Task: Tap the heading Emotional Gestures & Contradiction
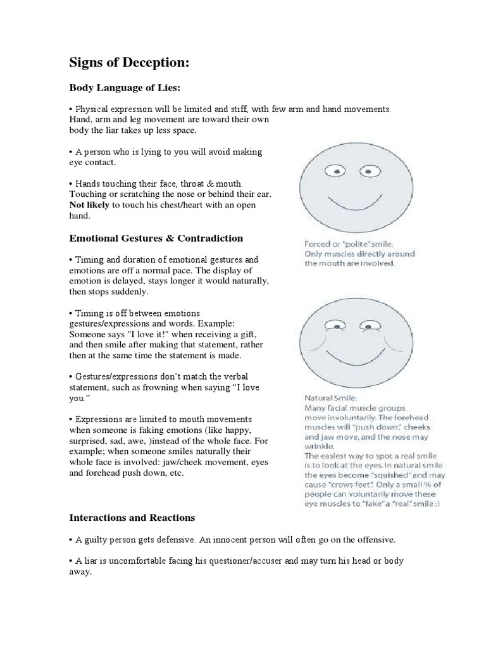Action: pyautogui.click(x=156, y=238)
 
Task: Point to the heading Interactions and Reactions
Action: pyautogui.click(x=132, y=517)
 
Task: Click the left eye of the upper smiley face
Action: pyautogui.click(x=337, y=171)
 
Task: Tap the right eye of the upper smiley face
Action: pyautogui.click(x=368, y=171)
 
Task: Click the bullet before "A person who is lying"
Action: pyautogui.click(x=71, y=153)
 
